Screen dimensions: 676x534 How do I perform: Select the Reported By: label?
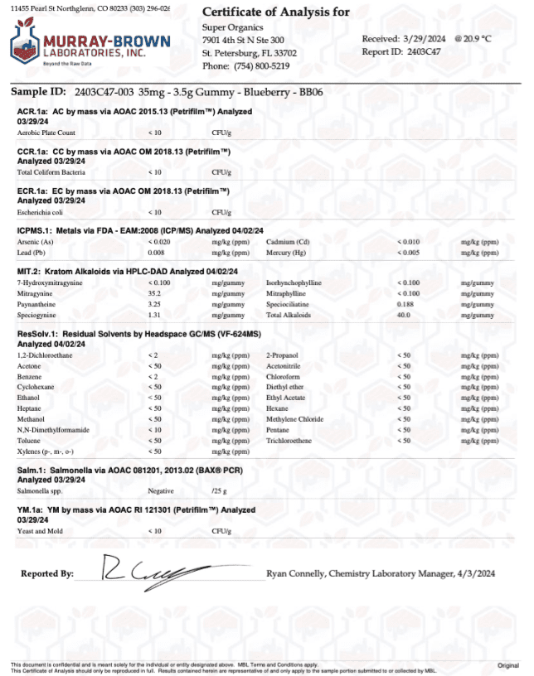coord(47,573)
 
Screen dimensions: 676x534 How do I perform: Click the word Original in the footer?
coord(507,665)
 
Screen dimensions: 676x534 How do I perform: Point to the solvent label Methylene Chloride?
coord(294,419)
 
